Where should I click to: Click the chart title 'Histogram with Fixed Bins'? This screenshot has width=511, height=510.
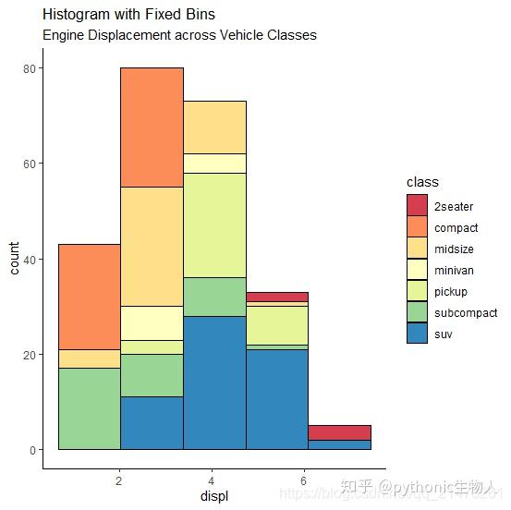click(x=128, y=15)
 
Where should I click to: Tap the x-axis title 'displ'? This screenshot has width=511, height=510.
click(x=213, y=497)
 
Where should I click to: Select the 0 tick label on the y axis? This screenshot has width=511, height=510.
click(x=31, y=450)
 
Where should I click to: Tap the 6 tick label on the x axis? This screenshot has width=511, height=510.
click(x=303, y=480)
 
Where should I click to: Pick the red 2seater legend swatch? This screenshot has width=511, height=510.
click(x=418, y=205)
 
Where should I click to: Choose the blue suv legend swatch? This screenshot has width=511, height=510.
click(x=418, y=334)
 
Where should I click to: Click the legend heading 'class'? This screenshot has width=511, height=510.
click(x=422, y=182)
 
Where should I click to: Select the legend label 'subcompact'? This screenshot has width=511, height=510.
click(x=466, y=313)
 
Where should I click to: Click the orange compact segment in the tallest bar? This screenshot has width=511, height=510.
click(x=152, y=127)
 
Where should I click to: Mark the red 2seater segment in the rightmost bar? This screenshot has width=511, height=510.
click(x=339, y=432)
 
